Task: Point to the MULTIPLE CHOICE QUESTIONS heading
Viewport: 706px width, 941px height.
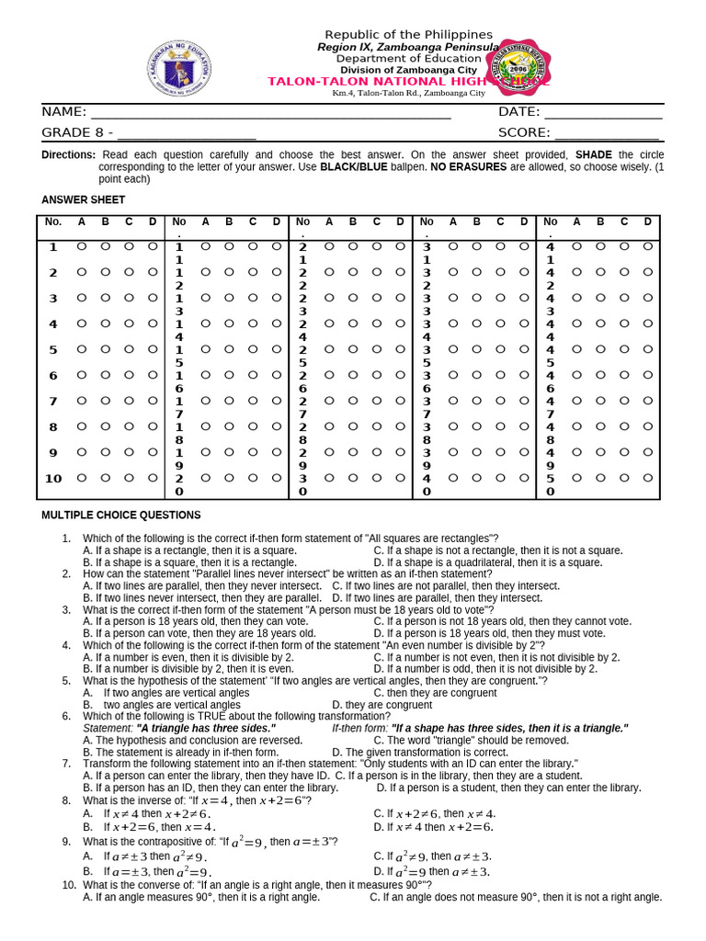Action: click(121, 516)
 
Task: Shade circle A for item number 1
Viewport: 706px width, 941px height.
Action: click(81, 246)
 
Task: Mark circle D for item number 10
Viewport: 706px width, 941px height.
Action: click(153, 478)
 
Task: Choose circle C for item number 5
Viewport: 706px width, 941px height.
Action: click(129, 349)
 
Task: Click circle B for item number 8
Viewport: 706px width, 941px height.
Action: click(105, 426)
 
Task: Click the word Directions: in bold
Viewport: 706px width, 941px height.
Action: click(68, 155)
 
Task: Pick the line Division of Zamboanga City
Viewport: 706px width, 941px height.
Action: click(408, 70)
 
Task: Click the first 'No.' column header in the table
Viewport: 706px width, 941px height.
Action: click(52, 221)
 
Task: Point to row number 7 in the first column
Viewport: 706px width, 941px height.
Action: click(52, 401)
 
